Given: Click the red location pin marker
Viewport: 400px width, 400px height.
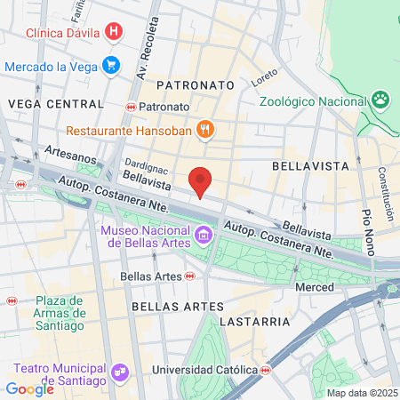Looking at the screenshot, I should (201, 180).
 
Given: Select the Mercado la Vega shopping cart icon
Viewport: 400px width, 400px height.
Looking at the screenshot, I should (111, 66).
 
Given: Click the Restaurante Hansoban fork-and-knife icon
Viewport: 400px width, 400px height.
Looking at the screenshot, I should (206, 130).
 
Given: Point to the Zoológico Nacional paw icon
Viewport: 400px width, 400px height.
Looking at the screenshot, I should (380, 99).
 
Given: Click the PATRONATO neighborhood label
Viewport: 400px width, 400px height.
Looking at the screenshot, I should (195, 84).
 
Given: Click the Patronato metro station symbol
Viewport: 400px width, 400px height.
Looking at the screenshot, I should (131, 107).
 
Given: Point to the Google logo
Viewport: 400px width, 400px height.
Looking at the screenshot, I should (29, 388).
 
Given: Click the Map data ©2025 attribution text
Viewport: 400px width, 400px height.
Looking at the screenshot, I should (362, 393).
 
